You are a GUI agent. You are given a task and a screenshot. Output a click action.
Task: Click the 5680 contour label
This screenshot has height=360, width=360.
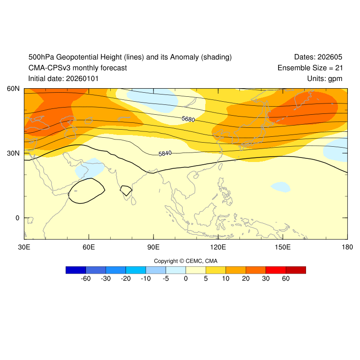tap(188, 119)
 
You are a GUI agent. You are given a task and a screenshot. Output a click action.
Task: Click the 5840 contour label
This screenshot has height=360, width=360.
tap(165, 153)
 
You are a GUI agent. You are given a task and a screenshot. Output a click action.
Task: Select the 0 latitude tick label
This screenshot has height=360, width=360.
tap(18, 218)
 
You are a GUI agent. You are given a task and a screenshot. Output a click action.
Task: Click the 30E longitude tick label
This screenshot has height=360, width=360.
tap(24, 247)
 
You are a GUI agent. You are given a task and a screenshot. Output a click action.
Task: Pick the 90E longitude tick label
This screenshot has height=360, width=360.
tap(153, 247)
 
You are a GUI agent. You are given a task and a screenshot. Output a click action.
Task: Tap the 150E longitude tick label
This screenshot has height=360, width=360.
tap(283, 247)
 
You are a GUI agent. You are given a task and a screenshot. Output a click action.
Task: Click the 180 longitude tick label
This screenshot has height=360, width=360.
tap(347, 247)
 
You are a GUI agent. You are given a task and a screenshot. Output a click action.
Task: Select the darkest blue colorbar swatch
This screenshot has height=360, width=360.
tap(76, 270)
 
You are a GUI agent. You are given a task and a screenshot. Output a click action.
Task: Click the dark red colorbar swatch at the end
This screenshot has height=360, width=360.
tap(296, 270)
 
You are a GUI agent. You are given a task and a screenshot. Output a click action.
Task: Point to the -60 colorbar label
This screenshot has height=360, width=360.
tap(85, 279)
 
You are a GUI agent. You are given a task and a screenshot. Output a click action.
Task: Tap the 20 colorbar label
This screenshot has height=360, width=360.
tap(246, 279)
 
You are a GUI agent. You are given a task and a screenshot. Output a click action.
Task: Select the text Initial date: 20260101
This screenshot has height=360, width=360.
tap(63, 79)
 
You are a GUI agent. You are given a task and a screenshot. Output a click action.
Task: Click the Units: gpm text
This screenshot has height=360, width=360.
tap(324, 79)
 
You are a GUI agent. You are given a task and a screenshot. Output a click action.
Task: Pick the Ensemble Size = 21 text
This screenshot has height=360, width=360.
tap(310, 68)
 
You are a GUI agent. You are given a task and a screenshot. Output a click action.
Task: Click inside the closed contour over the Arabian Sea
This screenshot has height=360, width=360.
tap(85, 191)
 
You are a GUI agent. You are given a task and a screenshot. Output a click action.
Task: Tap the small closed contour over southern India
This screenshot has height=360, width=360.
tap(126, 190)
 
